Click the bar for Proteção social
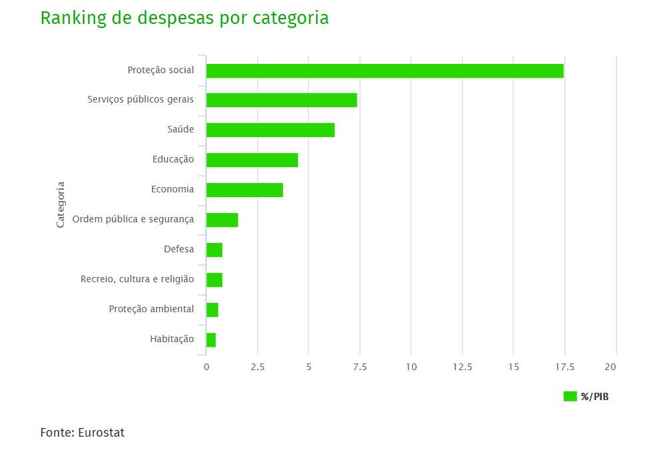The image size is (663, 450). pyautogui.click(x=385, y=71)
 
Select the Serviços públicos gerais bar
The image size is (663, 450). pyautogui.click(x=282, y=100)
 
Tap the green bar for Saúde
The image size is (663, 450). pyautogui.click(x=270, y=130)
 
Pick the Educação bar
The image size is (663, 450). pyautogui.click(x=252, y=160)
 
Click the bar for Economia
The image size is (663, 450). pyautogui.click(x=244, y=190)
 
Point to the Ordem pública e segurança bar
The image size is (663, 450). pyautogui.click(x=222, y=220)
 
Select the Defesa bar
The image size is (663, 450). pyautogui.click(x=214, y=250)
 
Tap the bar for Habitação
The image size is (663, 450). pyautogui.click(x=211, y=340)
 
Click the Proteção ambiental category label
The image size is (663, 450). pyautogui.click(x=151, y=309)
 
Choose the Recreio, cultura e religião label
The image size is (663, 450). pyautogui.click(x=137, y=279)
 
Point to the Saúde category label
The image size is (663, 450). pyautogui.click(x=180, y=129)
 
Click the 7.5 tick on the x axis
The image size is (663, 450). pyautogui.click(x=359, y=367)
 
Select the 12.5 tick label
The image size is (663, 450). pyautogui.click(x=462, y=367)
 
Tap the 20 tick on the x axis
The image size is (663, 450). pyautogui.click(x=610, y=367)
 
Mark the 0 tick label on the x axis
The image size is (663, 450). pyautogui.click(x=206, y=367)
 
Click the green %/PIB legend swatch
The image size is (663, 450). pyautogui.click(x=570, y=397)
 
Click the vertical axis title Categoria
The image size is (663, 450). pyautogui.click(x=61, y=204)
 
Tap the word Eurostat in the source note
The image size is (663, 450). pyautogui.click(x=101, y=433)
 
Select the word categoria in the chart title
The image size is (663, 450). pyautogui.click(x=290, y=18)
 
